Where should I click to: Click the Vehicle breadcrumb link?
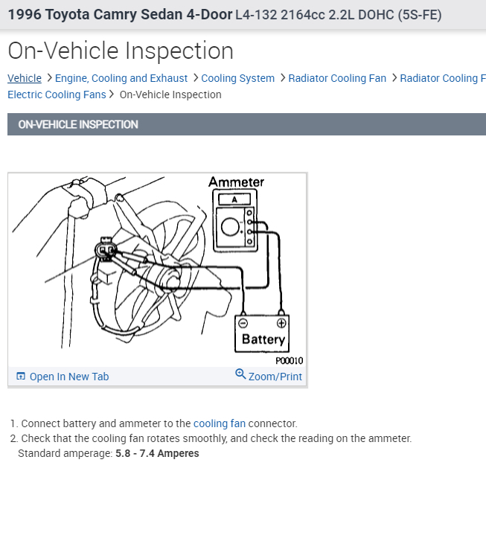pyautogui.click(x=25, y=78)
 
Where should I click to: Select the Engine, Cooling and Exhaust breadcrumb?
pyautogui.click(x=121, y=78)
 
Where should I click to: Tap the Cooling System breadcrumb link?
pyautogui.click(x=237, y=78)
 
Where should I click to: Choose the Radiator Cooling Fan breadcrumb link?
pyautogui.click(x=337, y=78)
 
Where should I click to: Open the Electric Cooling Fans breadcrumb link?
pyautogui.click(x=57, y=95)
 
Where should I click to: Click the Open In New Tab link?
pyautogui.click(x=68, y=377)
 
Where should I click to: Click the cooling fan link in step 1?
pyautogui.click(x=219, y=423)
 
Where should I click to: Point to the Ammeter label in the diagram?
pyautogui.click(x=236, y=182)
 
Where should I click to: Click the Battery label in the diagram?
pyautogui.click(x=263, y=340)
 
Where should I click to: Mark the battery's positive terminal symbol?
pyautogui.click(x=281, y=323)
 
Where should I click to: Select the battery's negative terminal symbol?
pyautogui.click(x=243, y=323)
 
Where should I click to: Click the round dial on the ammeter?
pyautogui.click(x=231, y=227)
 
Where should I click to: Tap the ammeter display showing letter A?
pyautogui.click(x=234, y=199)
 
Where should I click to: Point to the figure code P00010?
pyautogui.click(x=289, y=361)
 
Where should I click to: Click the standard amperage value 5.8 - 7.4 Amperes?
pyautogui.click(x=157, y=453)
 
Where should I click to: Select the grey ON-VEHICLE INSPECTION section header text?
pyautogui.click(x=78, y=124)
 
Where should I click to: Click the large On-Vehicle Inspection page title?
pyautogui.click(x=121, y=51)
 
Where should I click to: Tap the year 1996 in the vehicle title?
pyautogui.click(x=25, y=14)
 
